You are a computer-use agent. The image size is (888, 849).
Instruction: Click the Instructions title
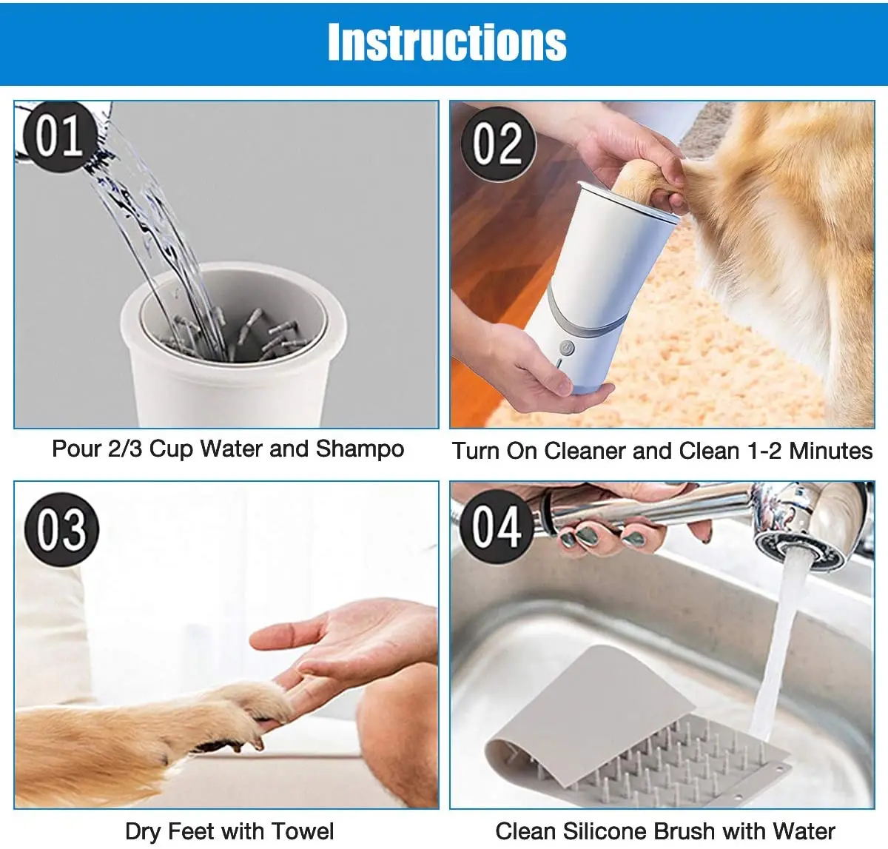point(447,42)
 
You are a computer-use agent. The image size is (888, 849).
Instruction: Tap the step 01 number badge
point(60,136)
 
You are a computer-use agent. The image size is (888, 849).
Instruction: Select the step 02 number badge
point(498,144)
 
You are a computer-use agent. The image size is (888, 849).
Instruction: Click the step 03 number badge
point(61,529)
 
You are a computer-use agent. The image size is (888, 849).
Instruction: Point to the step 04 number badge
point(497,527)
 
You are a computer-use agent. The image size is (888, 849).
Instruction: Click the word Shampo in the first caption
point(360,449)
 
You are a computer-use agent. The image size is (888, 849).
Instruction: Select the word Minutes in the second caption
point(830,451)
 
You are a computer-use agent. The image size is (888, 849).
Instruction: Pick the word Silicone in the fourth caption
point(603,831)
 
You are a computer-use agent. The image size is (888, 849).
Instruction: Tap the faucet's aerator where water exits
point(799,551)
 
